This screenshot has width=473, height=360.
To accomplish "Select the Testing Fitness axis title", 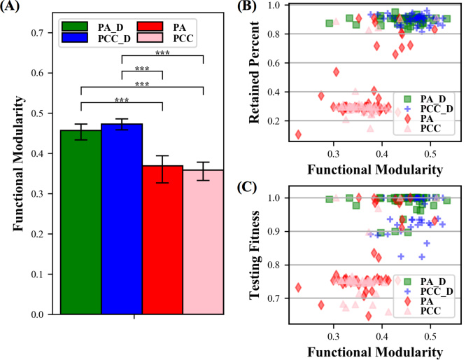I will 264,249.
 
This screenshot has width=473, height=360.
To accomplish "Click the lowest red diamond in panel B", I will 299,134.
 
